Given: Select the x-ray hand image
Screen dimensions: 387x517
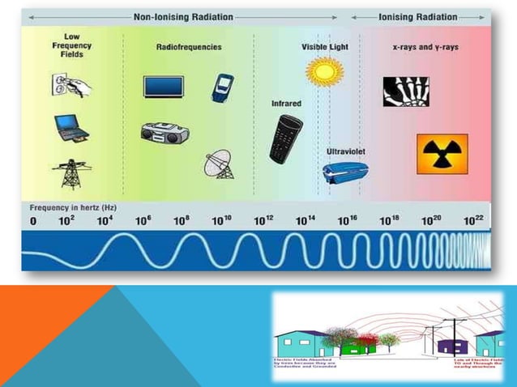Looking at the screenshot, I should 405,90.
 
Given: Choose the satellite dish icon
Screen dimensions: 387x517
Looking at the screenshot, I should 219,164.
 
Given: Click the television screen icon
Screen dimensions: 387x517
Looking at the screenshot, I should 163,87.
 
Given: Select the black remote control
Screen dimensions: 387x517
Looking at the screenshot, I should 285,138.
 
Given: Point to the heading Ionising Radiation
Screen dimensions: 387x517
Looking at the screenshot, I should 418,16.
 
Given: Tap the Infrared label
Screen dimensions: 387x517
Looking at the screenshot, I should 286,104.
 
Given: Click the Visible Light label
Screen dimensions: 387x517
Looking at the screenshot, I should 324,47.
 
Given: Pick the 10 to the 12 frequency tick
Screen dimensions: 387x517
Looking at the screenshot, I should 264,220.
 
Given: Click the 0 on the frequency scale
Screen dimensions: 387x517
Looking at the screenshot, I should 33,221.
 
